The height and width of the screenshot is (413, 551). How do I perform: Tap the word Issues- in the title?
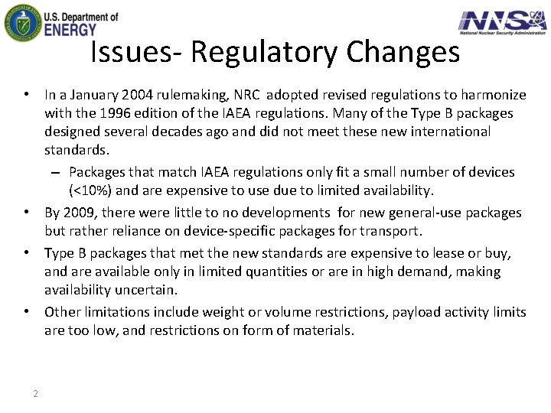136,52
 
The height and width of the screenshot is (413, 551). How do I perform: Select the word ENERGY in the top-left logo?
70,29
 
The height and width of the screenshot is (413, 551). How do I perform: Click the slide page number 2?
35,394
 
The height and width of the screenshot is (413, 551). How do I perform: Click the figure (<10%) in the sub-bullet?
94,190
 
